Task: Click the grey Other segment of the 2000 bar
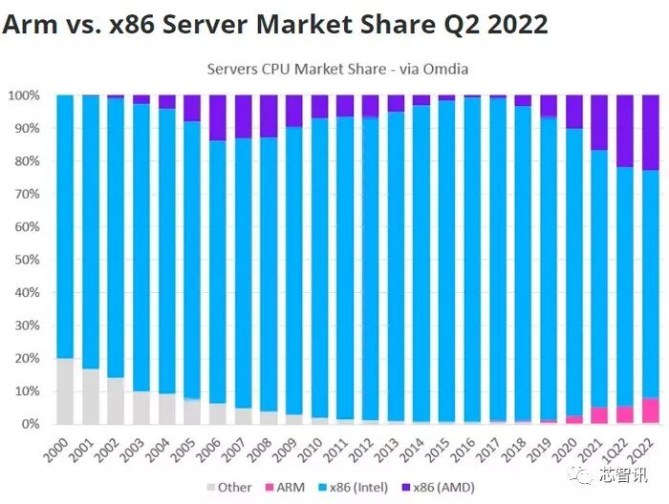(65, 391)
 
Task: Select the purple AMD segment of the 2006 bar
(218, 118)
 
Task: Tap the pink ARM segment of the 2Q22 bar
(651, 411)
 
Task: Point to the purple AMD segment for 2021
(599, 123)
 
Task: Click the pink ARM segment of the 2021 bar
(599, 415)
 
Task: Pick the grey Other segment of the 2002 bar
(116, 401)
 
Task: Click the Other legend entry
(229, 488)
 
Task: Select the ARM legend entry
(285, 488)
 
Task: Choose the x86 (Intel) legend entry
(354, 488)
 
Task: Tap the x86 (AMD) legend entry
(438, 488)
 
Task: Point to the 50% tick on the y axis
(28, 260)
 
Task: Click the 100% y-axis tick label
(24, 95)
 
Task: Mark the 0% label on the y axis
(31, 424)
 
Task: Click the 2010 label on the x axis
(311, 450)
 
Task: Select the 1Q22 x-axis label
(616, 450)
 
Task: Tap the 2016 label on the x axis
(464, 450)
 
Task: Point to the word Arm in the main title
(30, 24)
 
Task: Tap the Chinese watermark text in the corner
(623, 474)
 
